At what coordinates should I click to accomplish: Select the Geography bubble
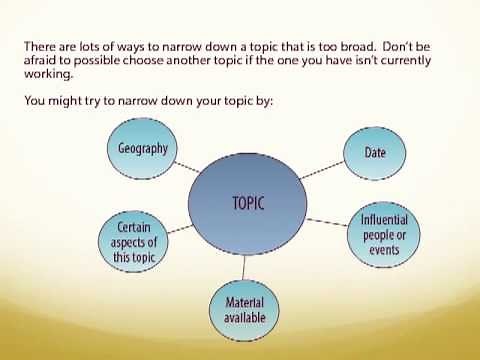pos(142,150)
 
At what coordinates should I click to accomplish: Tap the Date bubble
pos(364,152)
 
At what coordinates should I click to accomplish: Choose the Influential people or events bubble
pos(384,232)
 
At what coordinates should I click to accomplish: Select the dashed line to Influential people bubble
pos(322,220)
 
